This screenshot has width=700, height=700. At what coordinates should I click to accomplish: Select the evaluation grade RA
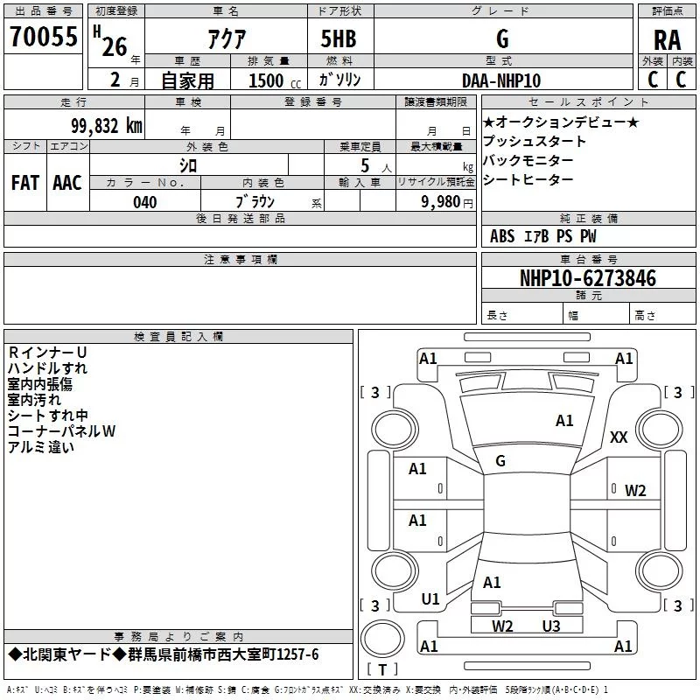click(667, 39)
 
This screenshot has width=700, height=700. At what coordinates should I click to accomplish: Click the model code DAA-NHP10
click(501, 80)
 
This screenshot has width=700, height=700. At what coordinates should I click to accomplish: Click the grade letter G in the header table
click(502, 38)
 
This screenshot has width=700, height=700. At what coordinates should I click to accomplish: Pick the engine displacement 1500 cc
click(271, 80)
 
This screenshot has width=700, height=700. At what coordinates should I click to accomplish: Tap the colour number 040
click(145, 202)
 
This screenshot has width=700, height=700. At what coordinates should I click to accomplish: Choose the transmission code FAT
click(25, 183)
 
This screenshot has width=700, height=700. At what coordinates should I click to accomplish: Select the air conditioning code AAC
click(67, 183)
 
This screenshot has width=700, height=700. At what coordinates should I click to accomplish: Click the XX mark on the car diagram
click(619, 437)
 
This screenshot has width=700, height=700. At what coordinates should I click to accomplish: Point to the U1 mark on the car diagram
click(430, 599)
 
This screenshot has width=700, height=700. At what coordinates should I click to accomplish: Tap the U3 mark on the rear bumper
click(550, 626)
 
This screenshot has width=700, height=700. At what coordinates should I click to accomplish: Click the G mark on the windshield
click(500, 460)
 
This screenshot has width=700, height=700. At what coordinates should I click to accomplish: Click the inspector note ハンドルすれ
click(47, 368)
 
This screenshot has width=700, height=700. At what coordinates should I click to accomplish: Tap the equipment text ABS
click(502, 236)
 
